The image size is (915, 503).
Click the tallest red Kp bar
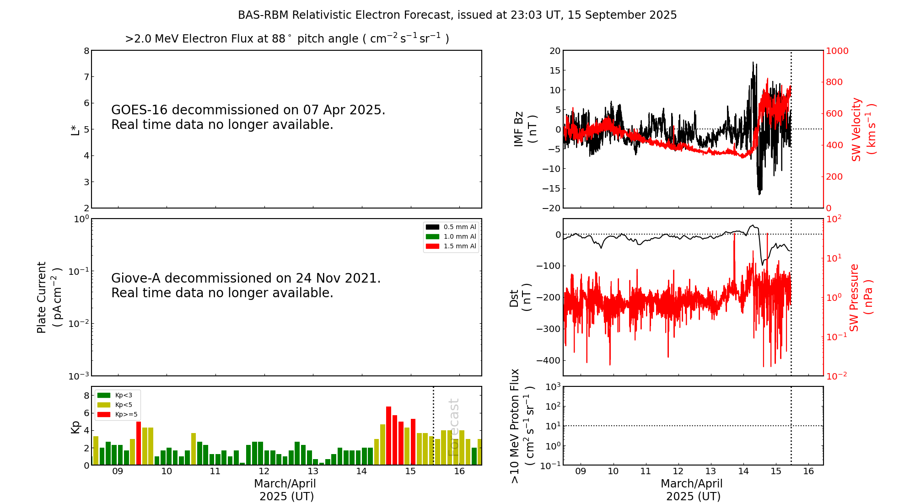[x=388, y=435]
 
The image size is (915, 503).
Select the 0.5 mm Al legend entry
[x=451, y=227]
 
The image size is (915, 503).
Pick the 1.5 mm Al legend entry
[x=451, y=246]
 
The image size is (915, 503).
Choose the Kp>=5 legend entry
[x=118, y=414]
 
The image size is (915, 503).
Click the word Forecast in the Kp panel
[x=453, y=428]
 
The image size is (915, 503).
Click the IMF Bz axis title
[x=525, y=129]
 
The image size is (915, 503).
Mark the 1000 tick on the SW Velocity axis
[x=837, y=51]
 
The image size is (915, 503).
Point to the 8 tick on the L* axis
[x=86, y=51]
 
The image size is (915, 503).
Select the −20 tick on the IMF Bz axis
[x=551, y=208]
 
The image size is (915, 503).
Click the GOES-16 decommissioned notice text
[x=248, y=117]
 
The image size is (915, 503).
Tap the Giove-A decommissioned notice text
[x=246, y=285]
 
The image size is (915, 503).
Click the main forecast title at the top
[x=457, y=15]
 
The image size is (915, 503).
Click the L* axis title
[x=75, y=129]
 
